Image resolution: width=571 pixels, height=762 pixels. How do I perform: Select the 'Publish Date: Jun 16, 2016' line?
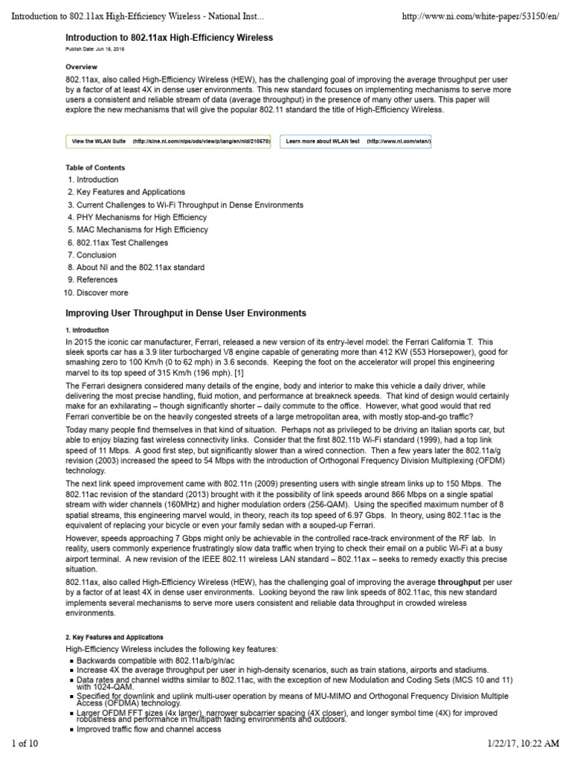[x=96, y=50]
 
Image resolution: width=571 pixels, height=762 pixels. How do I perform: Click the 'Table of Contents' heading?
[x=95, y=167]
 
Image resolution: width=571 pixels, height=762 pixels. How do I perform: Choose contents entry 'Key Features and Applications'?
[x=131, y=192]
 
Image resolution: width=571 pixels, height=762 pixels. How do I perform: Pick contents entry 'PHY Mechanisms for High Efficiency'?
[x=141, y=217]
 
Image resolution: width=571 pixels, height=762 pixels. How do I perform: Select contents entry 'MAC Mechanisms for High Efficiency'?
[x=142, y=230]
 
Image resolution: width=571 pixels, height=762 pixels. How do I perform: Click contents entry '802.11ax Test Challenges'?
[x=122, y=243]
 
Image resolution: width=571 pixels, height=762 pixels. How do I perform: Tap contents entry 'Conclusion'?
[x=97, y=254]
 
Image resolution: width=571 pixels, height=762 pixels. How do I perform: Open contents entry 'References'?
[x=97, y=280]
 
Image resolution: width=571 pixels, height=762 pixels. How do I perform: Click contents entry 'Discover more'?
[x=102, y=292]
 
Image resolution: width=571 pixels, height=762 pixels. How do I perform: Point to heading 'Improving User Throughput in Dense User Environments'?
[x=186, y=313]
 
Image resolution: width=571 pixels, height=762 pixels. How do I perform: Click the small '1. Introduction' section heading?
[x=87, y=330]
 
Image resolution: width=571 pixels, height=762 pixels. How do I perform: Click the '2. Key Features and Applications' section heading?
[x=114, y=637]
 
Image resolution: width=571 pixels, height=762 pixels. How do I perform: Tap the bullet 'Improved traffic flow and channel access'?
[x=147, y=729]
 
